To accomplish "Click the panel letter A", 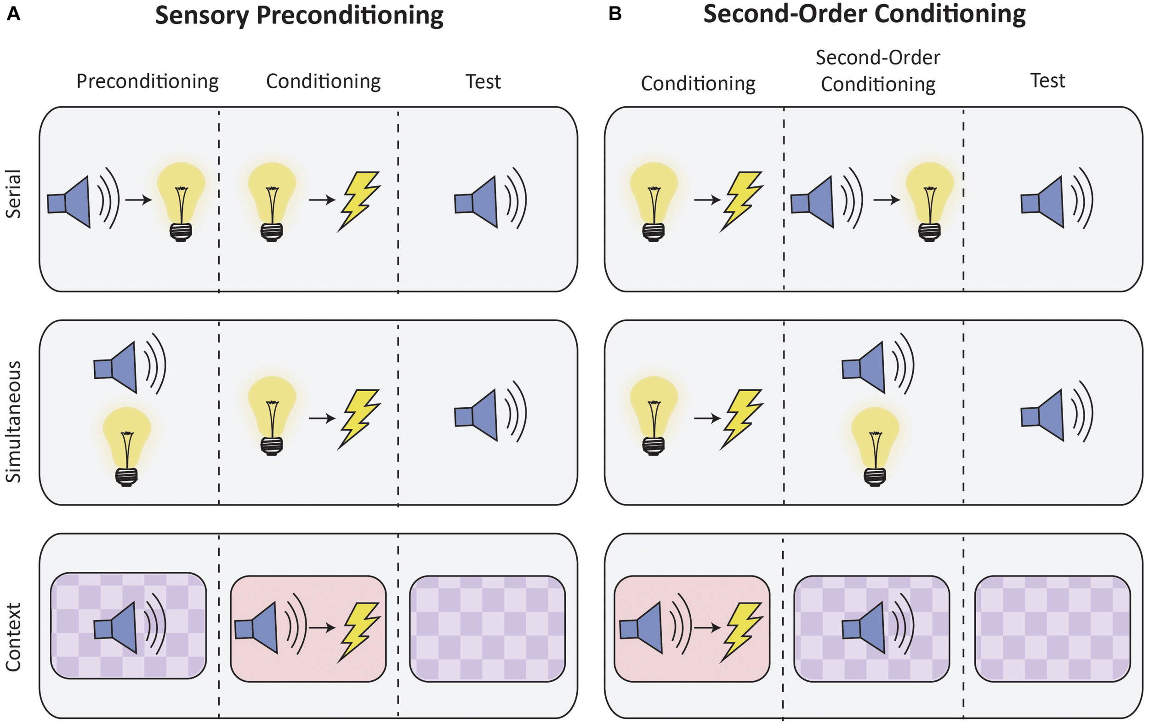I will coord(13,14).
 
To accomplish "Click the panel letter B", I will coord(615,14).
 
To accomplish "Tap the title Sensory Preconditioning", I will coord(299,15).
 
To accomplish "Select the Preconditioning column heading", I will coord(148,82).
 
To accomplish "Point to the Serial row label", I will coord(13,194).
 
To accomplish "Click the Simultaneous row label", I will coord(13,422).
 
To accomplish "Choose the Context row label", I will coord(13,637).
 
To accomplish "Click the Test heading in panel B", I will coord(1047,80).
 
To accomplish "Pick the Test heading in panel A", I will coord(483,82).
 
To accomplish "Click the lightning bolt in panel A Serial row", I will coord(359,200).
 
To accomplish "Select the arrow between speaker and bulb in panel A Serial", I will coord(138,200).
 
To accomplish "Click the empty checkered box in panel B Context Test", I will coord(1052,628).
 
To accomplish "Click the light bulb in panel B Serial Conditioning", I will coord(654,200).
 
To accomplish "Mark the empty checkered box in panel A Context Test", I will coord(487,628).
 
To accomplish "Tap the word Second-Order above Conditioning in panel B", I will coord(877,58).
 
